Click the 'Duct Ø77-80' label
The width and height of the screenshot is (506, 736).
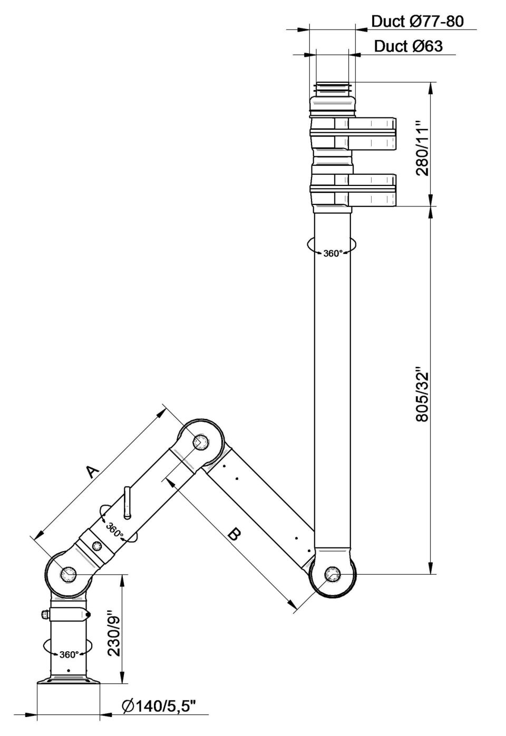(417, 22)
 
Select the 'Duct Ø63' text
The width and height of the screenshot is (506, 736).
(408, 46)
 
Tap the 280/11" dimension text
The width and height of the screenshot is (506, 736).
(423, 149)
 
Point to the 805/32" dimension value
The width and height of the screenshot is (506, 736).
(423, 397)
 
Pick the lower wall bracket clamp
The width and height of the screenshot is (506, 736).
(353, 190)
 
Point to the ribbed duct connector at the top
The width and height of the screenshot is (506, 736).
(333, 87)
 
